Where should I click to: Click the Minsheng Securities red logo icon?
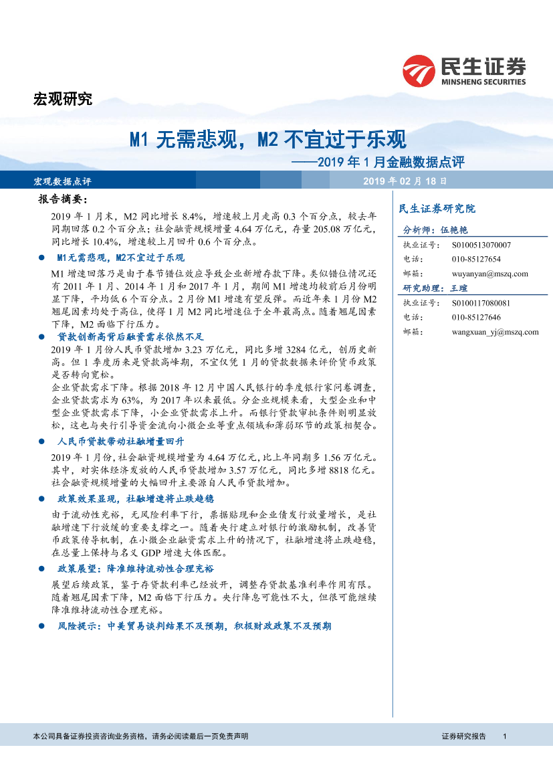click(419, 70)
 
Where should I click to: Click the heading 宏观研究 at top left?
click(62, 100)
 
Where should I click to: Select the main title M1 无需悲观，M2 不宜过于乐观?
click(267, 140)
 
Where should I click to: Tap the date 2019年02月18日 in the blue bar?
click(405, 181)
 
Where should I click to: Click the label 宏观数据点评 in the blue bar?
click(62, 181)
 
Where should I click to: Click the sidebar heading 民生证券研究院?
click(437, 209)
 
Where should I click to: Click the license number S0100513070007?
click(481, 246)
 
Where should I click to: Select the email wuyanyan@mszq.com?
click(490, 274)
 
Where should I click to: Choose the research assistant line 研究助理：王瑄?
click(435, 288)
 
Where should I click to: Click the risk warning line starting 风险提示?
click(194, 626)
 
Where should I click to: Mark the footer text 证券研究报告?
click(463, 736)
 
